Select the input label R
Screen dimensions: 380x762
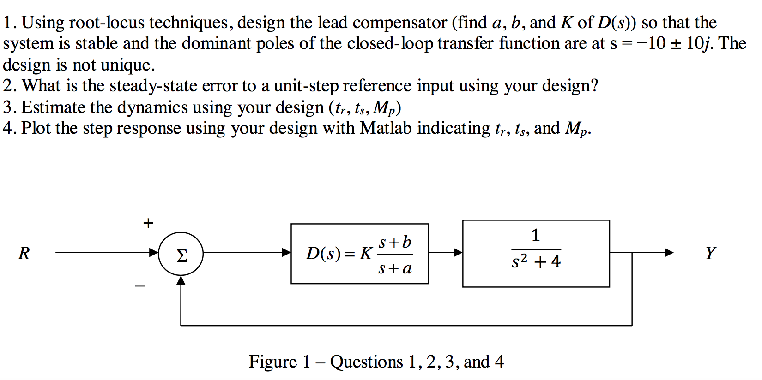pyautogui.click(x=24, y=253)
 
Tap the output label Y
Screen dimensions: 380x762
pyautogui.click(x=710, y=253)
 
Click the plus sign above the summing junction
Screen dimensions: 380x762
pyautogui.click(x=148, y=223)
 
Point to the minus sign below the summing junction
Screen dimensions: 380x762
pyautogui.click(x=140, y=286)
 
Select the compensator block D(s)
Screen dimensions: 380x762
pyautogui.click(x=359, y=254)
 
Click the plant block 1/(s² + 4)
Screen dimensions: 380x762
pyautogui.click(x=536, y=253)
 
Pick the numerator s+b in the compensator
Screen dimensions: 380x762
pyautogui.click(x=395, y=243)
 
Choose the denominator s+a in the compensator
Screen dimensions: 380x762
pyautogui.click(x=395, y=268)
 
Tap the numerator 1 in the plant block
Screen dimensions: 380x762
pyautogui.click(x=536, y=236)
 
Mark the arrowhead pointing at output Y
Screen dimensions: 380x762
pyautogui.click(x=668, y=253)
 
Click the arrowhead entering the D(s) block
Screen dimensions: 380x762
pyautogui.click(x=286, y=253)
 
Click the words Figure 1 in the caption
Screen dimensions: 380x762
pyautogui.click(x=279, y=362)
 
